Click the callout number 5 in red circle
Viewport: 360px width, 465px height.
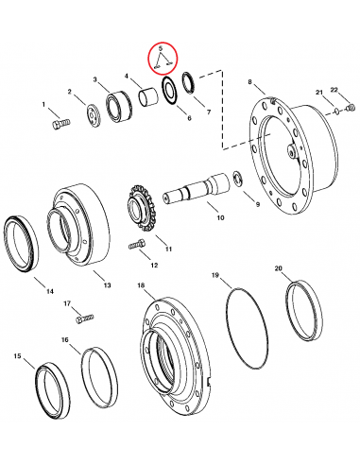162,48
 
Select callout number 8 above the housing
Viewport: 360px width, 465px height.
249,84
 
